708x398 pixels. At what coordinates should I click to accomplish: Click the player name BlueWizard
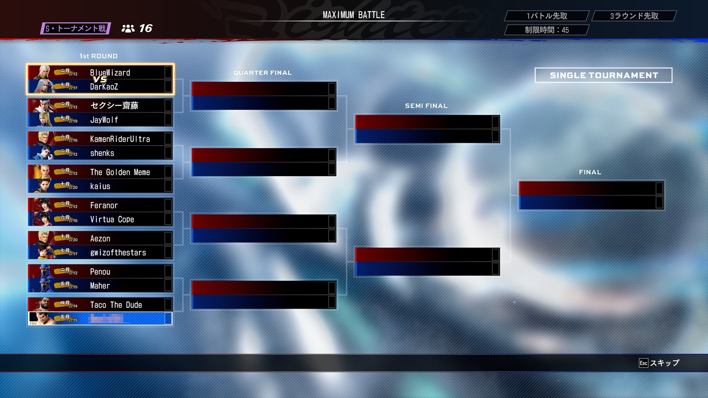click(x=110, y=73)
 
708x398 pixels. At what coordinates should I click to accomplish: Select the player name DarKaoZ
click(x=104, y=87)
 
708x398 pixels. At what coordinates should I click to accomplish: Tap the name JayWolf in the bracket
click(x=104, y=120)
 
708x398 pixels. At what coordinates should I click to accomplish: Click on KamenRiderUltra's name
click(x=120, y=139)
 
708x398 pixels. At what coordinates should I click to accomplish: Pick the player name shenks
click(x=102, y=153)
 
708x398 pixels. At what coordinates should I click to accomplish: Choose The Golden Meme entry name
click(x=120, y=172)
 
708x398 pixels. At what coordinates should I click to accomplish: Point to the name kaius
click(x=100, y=186)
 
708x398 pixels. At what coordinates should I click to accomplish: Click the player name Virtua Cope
click(x=112, y=220)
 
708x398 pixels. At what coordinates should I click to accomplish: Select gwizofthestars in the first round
click(x=118, y=253)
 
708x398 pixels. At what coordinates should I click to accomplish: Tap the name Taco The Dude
click(x=116, y=305)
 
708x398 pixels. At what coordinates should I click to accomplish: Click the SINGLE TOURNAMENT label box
click(x=603, y=75)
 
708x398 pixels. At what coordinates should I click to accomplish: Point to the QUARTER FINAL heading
click(x=262, y=73)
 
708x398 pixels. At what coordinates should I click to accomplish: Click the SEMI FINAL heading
click(x=426, y=106)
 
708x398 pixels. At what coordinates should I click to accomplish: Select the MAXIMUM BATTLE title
click(x=354, y=15)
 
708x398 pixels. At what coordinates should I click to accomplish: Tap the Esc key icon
click(x=643, y=363)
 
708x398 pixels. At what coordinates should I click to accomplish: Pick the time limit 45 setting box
click(x=546, y=30)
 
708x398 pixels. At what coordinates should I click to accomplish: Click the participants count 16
click(x=145, y=28)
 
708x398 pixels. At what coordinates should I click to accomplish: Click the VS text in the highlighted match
click(x=100, y=79)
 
